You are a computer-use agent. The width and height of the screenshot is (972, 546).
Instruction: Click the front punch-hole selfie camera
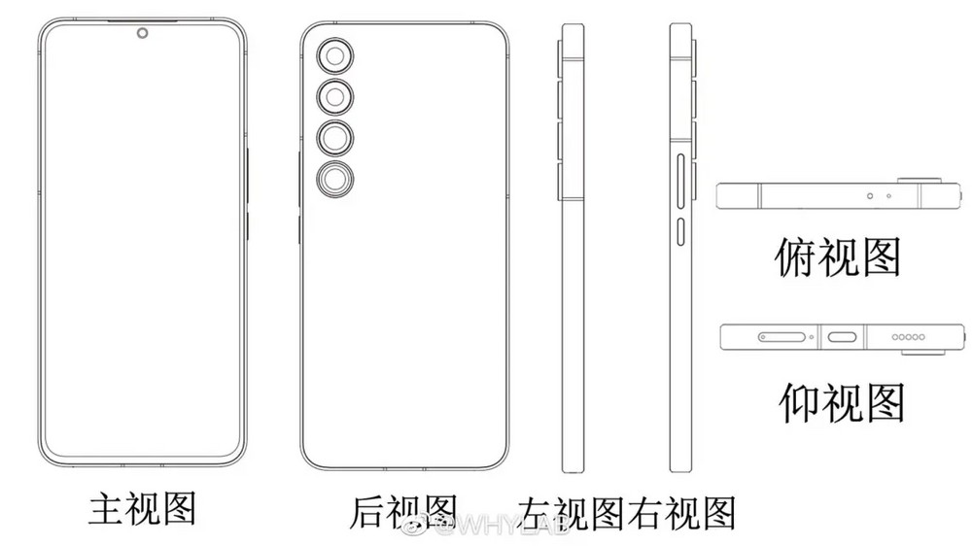coord(143,33)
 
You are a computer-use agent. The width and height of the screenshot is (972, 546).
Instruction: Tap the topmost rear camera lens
coord(335,57)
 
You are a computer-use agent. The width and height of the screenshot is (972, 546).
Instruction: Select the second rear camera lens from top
coord(335,97)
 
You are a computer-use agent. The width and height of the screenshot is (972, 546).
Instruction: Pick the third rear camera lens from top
coord(335,138)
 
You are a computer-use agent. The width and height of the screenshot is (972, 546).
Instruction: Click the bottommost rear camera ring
coord(335,180)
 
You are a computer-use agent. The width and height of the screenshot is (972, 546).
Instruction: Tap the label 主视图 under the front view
coord(142,508)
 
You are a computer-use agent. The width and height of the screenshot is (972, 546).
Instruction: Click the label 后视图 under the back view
coord(403,512)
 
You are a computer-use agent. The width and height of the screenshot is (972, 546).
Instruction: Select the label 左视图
coord(571,514)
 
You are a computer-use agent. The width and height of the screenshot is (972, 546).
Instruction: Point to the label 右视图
coord(681,514)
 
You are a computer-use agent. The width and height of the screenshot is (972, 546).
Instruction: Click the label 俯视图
coord(838,257)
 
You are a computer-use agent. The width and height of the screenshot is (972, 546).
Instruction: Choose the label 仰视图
coord(841,403)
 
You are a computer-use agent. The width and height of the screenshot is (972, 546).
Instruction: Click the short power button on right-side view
coord(681,230)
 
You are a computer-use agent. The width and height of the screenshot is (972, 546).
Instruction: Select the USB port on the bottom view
coord(842,337)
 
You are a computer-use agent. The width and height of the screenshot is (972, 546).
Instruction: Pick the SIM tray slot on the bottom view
coord(781,337)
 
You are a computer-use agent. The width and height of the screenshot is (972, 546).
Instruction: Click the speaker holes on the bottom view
coord(908,337)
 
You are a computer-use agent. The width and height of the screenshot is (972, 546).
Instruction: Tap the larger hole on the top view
coord(870,196)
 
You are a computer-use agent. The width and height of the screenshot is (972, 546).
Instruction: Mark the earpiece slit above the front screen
coord(143,21)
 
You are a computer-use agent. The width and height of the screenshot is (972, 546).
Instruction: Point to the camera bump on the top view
coord(920,181)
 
